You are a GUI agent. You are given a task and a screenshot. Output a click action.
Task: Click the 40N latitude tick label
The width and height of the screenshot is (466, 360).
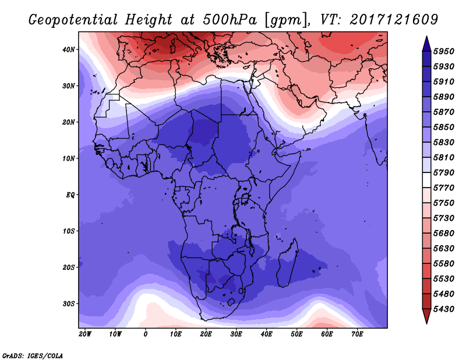[x=68, y=50]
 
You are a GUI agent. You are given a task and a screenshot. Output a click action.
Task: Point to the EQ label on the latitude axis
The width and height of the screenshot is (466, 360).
[x=70, y=195]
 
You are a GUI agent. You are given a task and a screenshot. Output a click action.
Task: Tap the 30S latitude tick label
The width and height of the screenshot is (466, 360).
[x=68, y=304]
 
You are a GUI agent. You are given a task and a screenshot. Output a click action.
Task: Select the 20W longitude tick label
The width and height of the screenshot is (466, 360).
[x=85, y=334]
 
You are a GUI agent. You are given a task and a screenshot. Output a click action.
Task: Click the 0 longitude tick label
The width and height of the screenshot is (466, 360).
[x=145, y=334]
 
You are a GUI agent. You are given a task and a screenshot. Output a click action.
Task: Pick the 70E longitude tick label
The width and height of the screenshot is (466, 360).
[x=357, y=334]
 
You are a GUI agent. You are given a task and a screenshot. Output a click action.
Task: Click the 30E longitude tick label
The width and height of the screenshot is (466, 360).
[x=236, y=334]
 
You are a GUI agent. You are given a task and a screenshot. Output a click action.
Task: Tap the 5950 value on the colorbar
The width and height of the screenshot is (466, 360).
[x=444, y=51]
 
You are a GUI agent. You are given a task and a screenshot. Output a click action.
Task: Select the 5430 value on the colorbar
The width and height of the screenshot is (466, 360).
[x=444, y=309]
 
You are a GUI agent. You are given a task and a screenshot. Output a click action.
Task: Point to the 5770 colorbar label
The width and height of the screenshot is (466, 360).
[x=444, y=188]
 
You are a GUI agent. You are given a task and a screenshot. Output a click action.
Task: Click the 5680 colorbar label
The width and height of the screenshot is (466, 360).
[x=444, y=234]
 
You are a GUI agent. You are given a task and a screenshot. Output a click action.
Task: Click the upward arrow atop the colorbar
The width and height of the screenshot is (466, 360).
[x=426, y=44]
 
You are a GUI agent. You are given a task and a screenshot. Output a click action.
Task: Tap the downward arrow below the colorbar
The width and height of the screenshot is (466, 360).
[x=426, y=316]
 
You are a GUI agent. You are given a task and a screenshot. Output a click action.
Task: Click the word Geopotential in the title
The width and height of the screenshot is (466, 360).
[x=73, y=20]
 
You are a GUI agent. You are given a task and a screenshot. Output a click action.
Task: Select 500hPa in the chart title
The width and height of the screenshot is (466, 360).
[x=230, y=20]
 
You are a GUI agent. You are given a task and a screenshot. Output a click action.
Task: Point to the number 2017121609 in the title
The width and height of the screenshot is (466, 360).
[x=394, y=20]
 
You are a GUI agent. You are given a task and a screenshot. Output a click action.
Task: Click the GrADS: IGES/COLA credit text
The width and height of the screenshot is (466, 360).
[x=33, y=356]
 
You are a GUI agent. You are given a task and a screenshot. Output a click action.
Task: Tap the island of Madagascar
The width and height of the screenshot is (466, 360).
[x=287, y=263]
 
